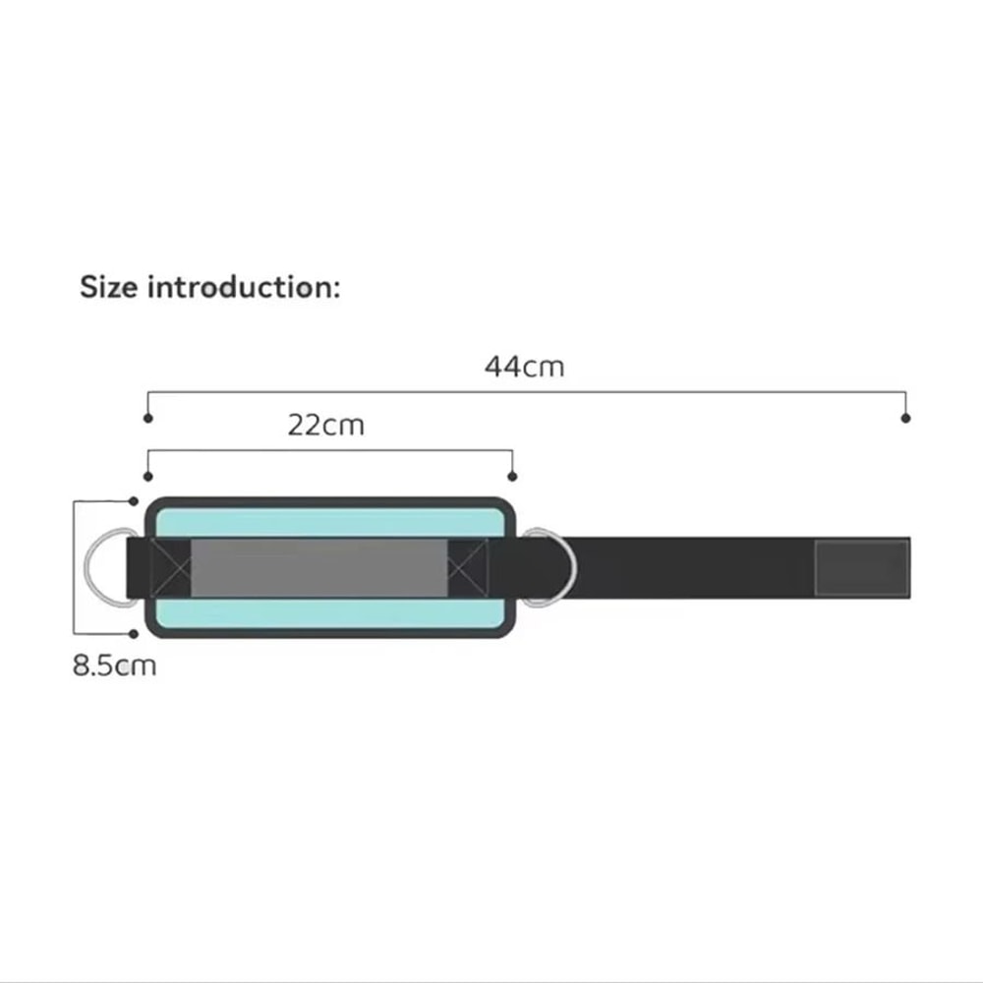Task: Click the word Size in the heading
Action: tap(108, 287)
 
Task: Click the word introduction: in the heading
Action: tap(244, 287)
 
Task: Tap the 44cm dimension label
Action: tap(524, 367)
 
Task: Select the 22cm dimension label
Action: tap(326, 425)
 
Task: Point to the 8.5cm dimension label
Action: tap(114, 665)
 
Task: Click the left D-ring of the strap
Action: tap(87, 567)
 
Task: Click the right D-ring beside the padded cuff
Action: tap(572, 567)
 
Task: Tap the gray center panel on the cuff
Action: tap(319, 567)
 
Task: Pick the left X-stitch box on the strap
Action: tap(170, 567)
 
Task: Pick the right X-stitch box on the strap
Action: tap(468, 567)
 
